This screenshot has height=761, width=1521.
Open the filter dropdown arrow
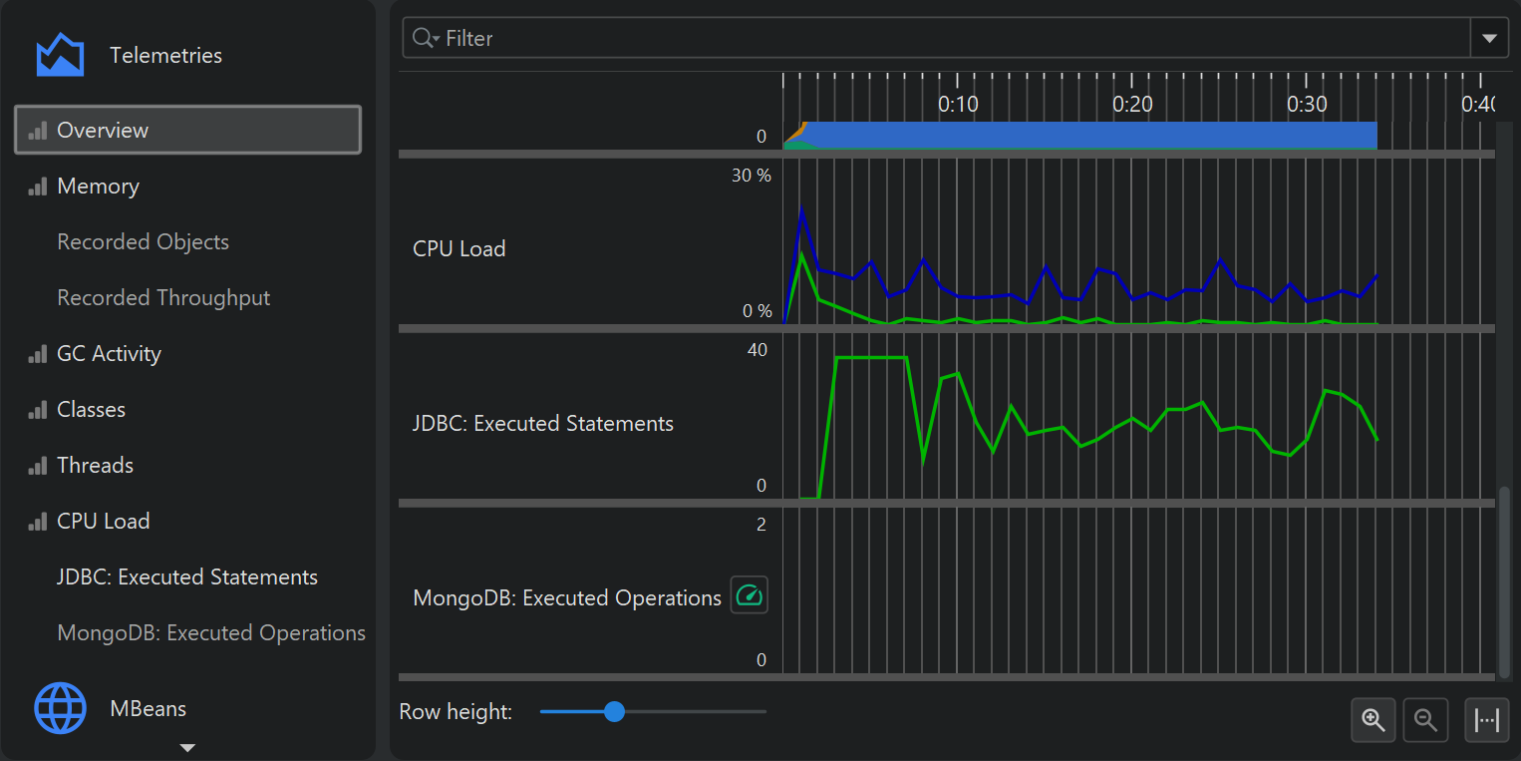tap(1489, 39)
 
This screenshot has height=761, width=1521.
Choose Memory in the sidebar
tap(98, 187)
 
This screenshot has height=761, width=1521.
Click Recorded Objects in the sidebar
tap(143, 242)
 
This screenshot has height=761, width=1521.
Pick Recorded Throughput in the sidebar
tap(163, 298)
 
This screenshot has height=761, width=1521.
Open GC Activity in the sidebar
tap(109, 354)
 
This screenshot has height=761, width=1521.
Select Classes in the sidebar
tap(91, 410)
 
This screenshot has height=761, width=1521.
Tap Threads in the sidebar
tap(95, 466)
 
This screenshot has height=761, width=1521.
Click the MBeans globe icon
tap(60, 708)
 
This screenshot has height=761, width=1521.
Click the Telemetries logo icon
tap(60, 55)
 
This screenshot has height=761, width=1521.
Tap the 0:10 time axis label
tap(958, 104)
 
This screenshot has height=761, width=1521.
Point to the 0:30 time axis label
tap(1307, 104)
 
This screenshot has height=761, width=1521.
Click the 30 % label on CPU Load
tap(752, 176)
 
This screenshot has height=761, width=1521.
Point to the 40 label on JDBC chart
tap(758, 350)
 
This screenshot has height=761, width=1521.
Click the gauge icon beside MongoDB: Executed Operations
tap(749, 595)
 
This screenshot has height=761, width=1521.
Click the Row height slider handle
tap(614, 711)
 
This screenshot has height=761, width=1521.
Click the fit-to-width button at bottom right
tap(1486, 720)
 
